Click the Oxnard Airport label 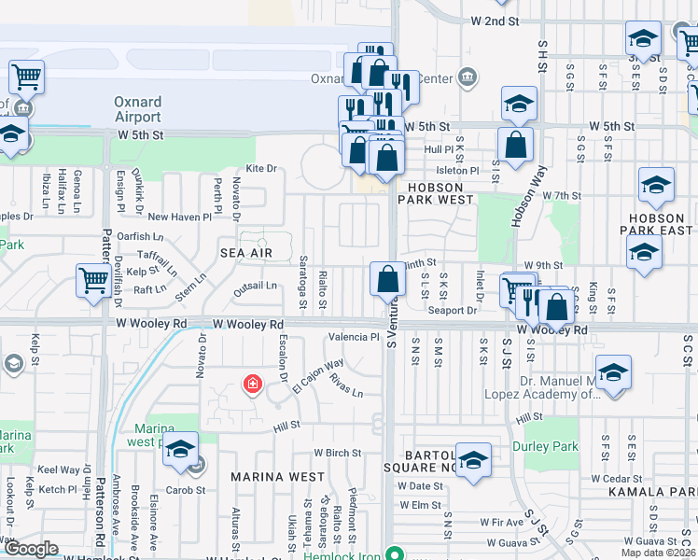[x=137, y=109]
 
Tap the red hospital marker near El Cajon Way [x=251, y=384]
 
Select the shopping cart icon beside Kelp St [x=93, y=279]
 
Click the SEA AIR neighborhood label [x=246, y=253]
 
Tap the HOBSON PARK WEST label [x=444, y=187]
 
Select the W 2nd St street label [x=494, y=21]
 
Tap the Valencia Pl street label [x=353, y=337]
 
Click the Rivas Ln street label [x=345, y=385]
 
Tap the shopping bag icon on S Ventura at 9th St [x=387, y=279]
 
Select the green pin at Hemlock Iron [x=396, y=553]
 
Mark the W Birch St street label [x=337, y=453]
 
